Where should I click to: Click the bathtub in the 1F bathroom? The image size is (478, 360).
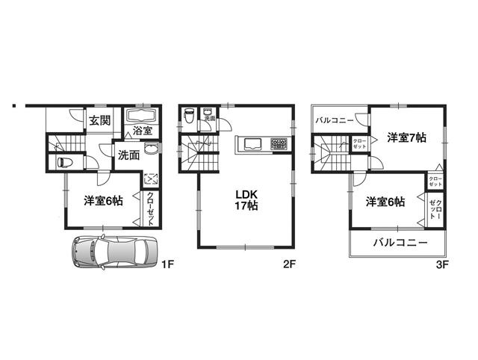tap(140, 117)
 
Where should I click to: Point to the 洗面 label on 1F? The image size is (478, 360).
tap(128, 155)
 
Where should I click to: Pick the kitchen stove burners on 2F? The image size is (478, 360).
tap(278, 143)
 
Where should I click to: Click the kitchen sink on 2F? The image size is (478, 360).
tap(250, 143)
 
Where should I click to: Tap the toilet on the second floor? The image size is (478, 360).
tap(190, 117)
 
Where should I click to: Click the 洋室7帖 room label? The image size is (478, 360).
tap(406, 137)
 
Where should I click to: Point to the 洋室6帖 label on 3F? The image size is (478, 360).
tap(385, 202)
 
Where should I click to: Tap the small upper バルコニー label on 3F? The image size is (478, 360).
tap(333, 120)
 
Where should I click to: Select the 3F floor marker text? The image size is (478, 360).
tap(442, 263)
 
